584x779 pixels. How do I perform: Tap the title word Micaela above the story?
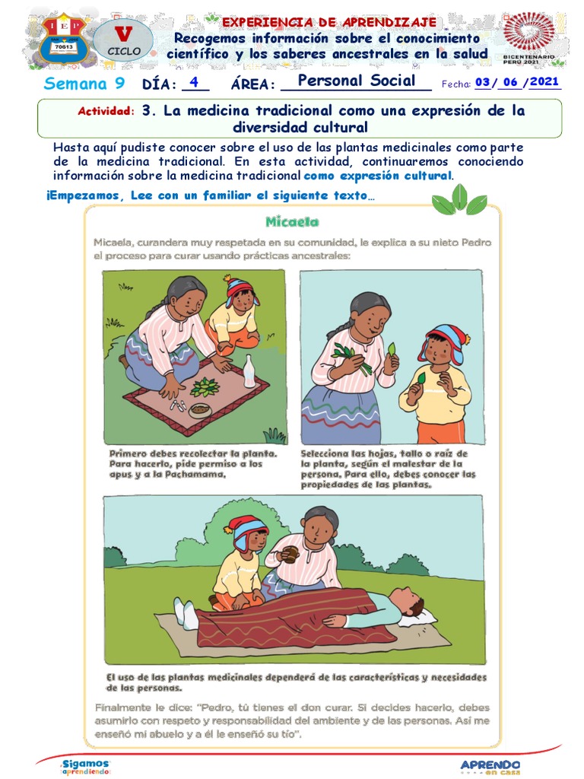293,222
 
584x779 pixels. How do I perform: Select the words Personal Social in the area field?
357,81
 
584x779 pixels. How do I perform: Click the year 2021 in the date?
545,82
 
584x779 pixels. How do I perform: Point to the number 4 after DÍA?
195,82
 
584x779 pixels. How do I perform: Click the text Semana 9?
84,83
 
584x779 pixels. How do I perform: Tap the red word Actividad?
106,112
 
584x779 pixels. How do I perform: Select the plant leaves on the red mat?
205,387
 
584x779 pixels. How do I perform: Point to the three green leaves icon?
459,200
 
